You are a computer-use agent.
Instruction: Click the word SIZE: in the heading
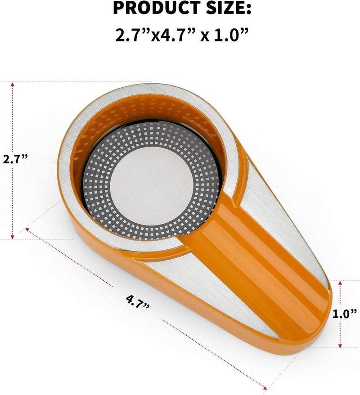pos(229,8)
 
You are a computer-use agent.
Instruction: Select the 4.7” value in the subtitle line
pos(176,35)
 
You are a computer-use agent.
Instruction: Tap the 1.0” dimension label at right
pos(345,314)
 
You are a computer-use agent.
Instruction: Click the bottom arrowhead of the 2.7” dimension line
pos(12,237)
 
